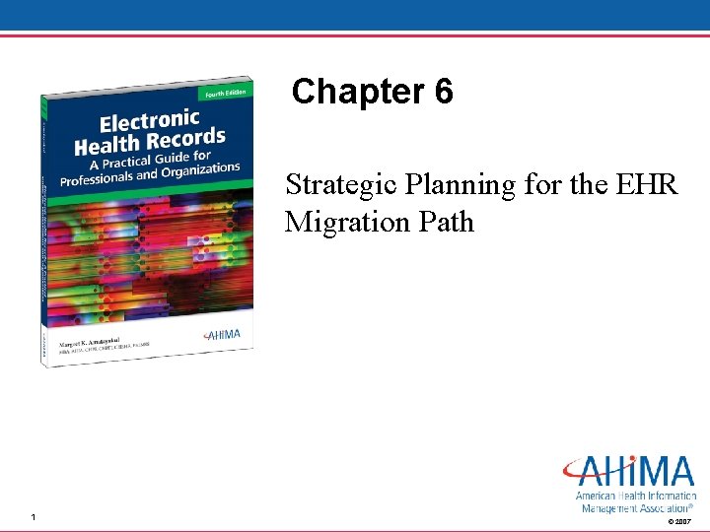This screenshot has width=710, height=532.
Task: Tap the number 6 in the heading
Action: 443,92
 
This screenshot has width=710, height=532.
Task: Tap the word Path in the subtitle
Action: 449,222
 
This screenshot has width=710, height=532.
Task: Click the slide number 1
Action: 34,517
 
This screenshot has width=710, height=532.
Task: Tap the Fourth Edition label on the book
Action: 226,93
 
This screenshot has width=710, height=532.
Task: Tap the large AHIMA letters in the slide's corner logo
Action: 631,472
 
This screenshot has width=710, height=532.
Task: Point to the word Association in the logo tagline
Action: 661,508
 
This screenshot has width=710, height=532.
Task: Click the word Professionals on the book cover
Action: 97,180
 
